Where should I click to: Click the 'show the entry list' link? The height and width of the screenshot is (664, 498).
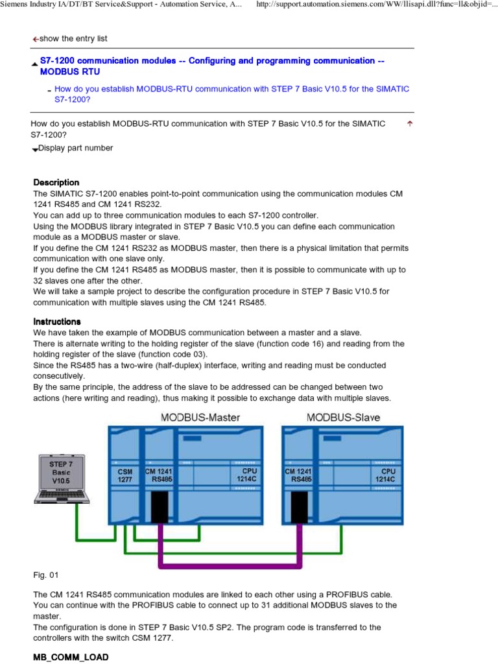[73, 39]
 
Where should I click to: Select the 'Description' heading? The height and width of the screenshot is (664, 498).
[56, 183]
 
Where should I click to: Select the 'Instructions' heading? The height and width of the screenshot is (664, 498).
[57, 322]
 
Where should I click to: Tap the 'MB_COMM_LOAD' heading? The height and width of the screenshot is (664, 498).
[65, 658]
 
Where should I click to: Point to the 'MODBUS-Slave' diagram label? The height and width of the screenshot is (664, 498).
[344, 417]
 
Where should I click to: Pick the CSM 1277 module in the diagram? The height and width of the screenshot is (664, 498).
[124, 475]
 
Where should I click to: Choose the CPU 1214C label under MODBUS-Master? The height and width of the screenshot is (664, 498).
[250, 475]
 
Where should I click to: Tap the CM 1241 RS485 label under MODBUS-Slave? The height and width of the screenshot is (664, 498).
[298, 475]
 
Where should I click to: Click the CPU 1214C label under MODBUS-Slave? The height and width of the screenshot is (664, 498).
[388, 475]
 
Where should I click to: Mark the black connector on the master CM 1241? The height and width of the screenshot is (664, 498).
[160, 506]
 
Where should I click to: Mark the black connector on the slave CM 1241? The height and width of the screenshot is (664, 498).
[299, 506]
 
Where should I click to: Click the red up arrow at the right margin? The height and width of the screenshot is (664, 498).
[409, 123]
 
